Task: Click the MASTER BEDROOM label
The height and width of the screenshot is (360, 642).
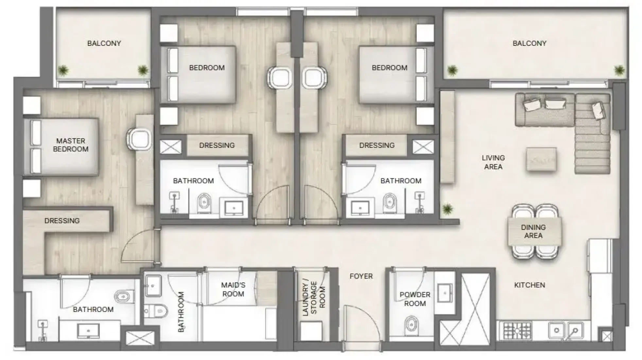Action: [71, 145]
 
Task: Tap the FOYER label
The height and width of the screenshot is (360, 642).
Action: [361, 276]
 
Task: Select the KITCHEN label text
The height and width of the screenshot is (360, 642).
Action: [529, 285]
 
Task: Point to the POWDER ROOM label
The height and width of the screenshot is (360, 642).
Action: [415, 299]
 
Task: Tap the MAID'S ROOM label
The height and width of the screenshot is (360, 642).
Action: [233, 289]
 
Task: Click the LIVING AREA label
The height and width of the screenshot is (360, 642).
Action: [493, 162]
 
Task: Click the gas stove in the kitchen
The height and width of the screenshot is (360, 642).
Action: [517, 331]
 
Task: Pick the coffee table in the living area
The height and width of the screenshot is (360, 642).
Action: [541, 159]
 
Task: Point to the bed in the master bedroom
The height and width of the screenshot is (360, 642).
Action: [61, 147]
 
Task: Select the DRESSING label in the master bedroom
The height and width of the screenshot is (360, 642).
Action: [62, 221]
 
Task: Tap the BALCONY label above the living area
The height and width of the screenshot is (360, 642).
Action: [529, 43]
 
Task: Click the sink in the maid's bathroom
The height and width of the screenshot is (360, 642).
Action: [153, 286]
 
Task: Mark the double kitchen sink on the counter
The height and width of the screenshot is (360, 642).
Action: [565, 330]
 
